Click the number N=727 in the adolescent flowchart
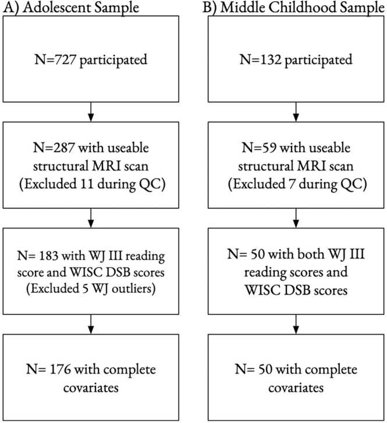55,59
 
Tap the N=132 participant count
261,59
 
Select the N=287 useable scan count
54,148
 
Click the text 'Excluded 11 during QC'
92,184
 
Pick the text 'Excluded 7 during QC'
297,184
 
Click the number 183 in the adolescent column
48,255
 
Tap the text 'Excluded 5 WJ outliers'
91,289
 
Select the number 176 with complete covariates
61,369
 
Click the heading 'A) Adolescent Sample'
71,8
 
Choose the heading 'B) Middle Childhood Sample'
293,8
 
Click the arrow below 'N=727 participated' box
91,112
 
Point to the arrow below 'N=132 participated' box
296,112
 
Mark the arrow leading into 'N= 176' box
91,324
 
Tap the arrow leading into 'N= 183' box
91,218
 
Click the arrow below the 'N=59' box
296,218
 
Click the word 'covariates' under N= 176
91,388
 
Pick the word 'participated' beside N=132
318,60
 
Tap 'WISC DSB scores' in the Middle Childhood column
296,291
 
